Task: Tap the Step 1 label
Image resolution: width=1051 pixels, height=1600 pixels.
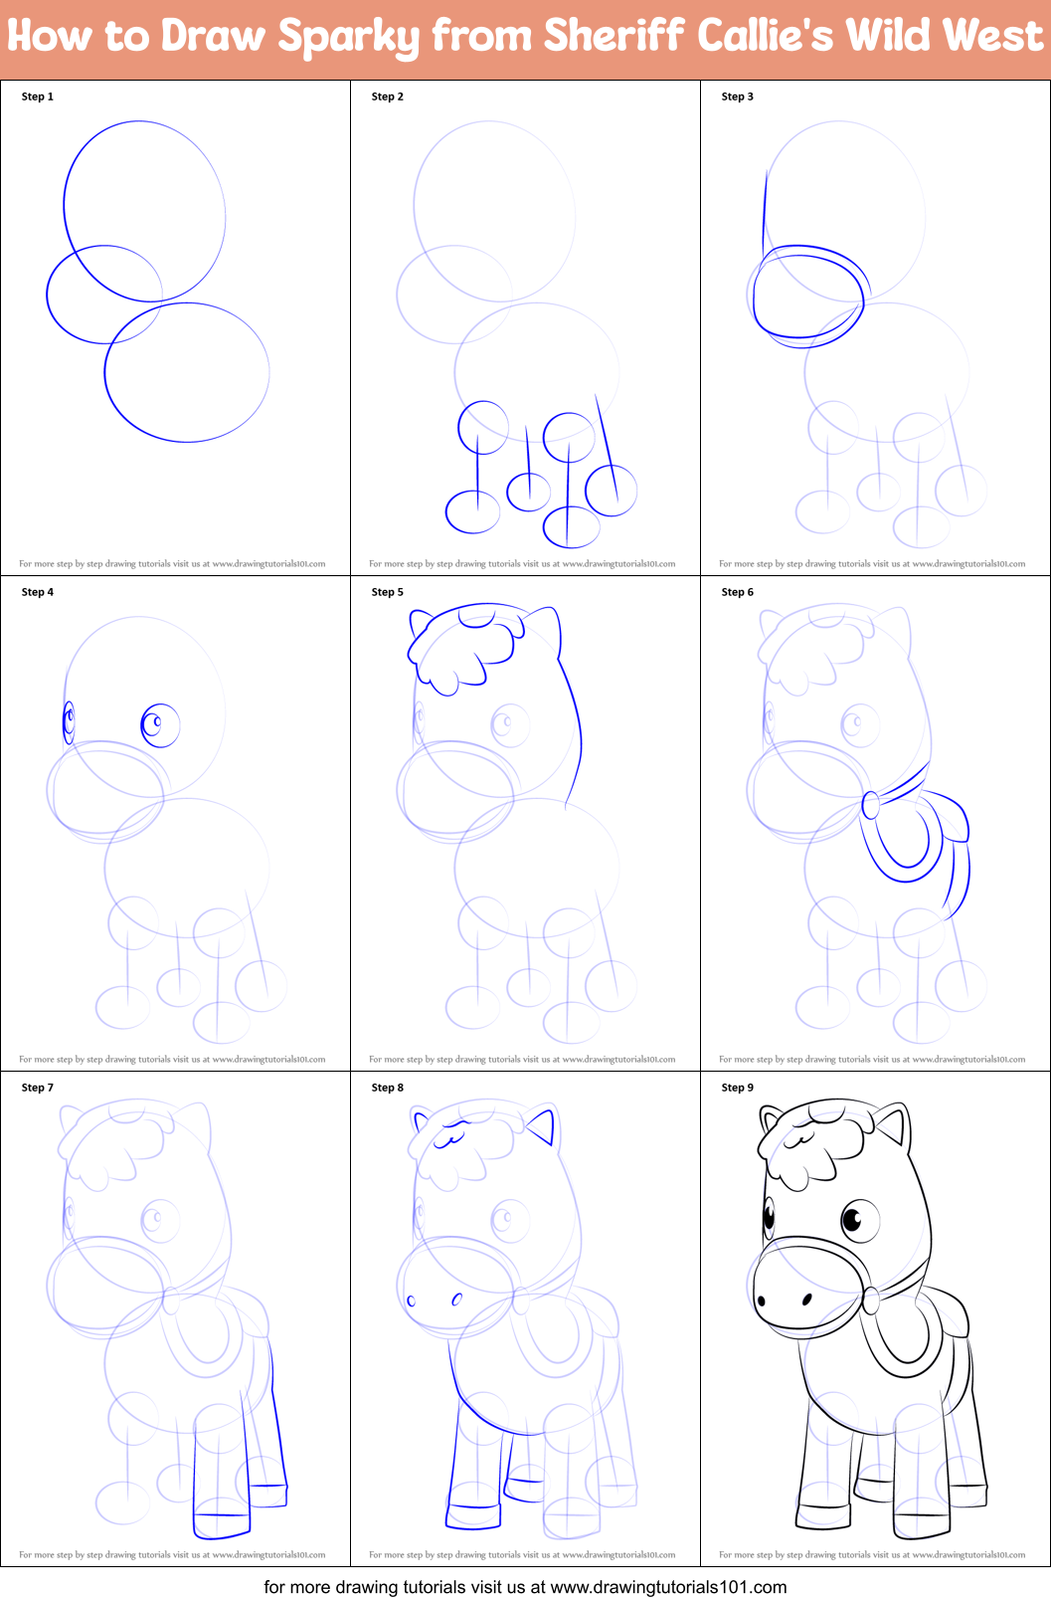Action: [38, 97]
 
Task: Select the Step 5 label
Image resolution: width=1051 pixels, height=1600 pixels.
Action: [388, 592]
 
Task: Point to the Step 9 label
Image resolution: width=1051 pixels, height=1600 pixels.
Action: [738, 1088]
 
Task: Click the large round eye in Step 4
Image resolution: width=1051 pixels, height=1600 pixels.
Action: [159, 724]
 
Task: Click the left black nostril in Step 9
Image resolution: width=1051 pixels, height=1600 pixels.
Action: [762, 1300]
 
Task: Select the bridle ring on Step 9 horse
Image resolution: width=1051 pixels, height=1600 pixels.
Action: [871, 1300]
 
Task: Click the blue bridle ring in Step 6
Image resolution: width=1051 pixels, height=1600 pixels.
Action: [871, 804]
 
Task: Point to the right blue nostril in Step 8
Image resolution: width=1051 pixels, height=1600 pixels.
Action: [457, 1299]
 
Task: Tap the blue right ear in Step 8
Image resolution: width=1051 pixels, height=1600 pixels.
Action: [542, 1127]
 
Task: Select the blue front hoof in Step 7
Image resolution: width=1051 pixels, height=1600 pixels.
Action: [221, 1522]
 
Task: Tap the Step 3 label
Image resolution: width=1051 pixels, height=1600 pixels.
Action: [738, 97]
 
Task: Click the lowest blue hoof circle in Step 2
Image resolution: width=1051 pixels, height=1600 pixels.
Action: [572, 527]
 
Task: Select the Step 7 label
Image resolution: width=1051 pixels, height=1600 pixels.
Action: [38, 1088]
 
